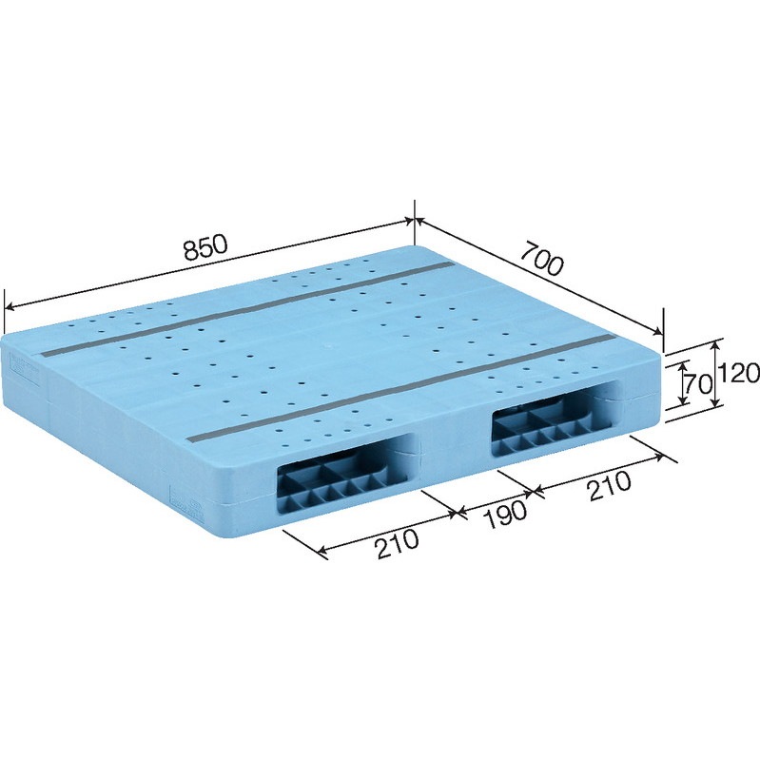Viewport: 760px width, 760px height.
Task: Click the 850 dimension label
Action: coord(205,247)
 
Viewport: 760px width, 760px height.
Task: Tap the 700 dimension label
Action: coord(542,259)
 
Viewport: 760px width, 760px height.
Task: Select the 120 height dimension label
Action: coord(740,374)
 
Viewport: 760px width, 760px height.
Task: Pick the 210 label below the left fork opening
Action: coord(397,544)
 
